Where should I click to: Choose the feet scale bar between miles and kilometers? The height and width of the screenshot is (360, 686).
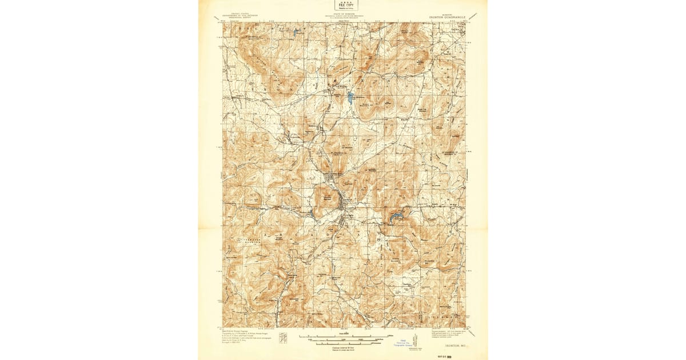pyautogui.click(x=343, y=339)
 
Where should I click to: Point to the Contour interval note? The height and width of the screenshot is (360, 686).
pyautogui.click(x=343, y=347)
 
